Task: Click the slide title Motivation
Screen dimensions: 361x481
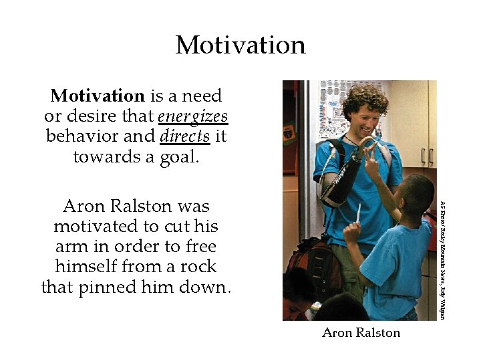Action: pos(240,45)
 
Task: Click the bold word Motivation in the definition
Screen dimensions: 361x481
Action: pos(98,96)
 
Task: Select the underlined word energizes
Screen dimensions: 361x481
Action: pos(193,116)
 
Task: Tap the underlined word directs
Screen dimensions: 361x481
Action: pos(185,136)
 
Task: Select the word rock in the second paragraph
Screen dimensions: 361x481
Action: pos(200,266)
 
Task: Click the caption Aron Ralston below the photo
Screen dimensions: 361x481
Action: pos(361,333)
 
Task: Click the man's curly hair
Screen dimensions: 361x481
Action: pos(364,98)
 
